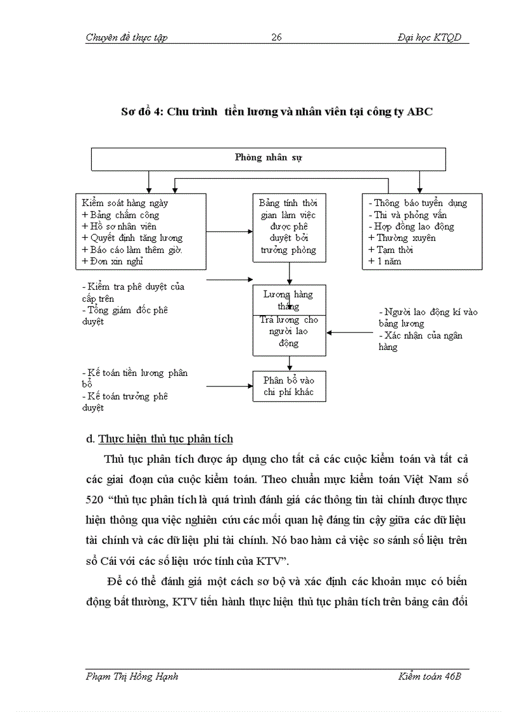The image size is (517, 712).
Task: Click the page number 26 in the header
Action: point(276,37)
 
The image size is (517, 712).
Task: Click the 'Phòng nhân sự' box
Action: point(269,158)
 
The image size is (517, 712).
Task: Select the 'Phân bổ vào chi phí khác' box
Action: point(289,386)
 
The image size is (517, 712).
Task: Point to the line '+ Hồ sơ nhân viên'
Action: point(119,226)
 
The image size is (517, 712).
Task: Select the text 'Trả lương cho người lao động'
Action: point(289,332)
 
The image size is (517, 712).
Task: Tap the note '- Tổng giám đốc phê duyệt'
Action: point(124,316)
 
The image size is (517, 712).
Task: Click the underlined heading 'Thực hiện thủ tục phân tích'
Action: point(166,439)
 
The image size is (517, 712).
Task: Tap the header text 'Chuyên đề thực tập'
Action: point(126,37)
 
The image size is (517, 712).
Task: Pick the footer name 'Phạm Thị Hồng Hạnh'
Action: point(132,676)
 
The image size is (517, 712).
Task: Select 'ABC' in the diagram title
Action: point(420,112)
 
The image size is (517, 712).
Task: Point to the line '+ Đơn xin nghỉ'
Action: point(113,261)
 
